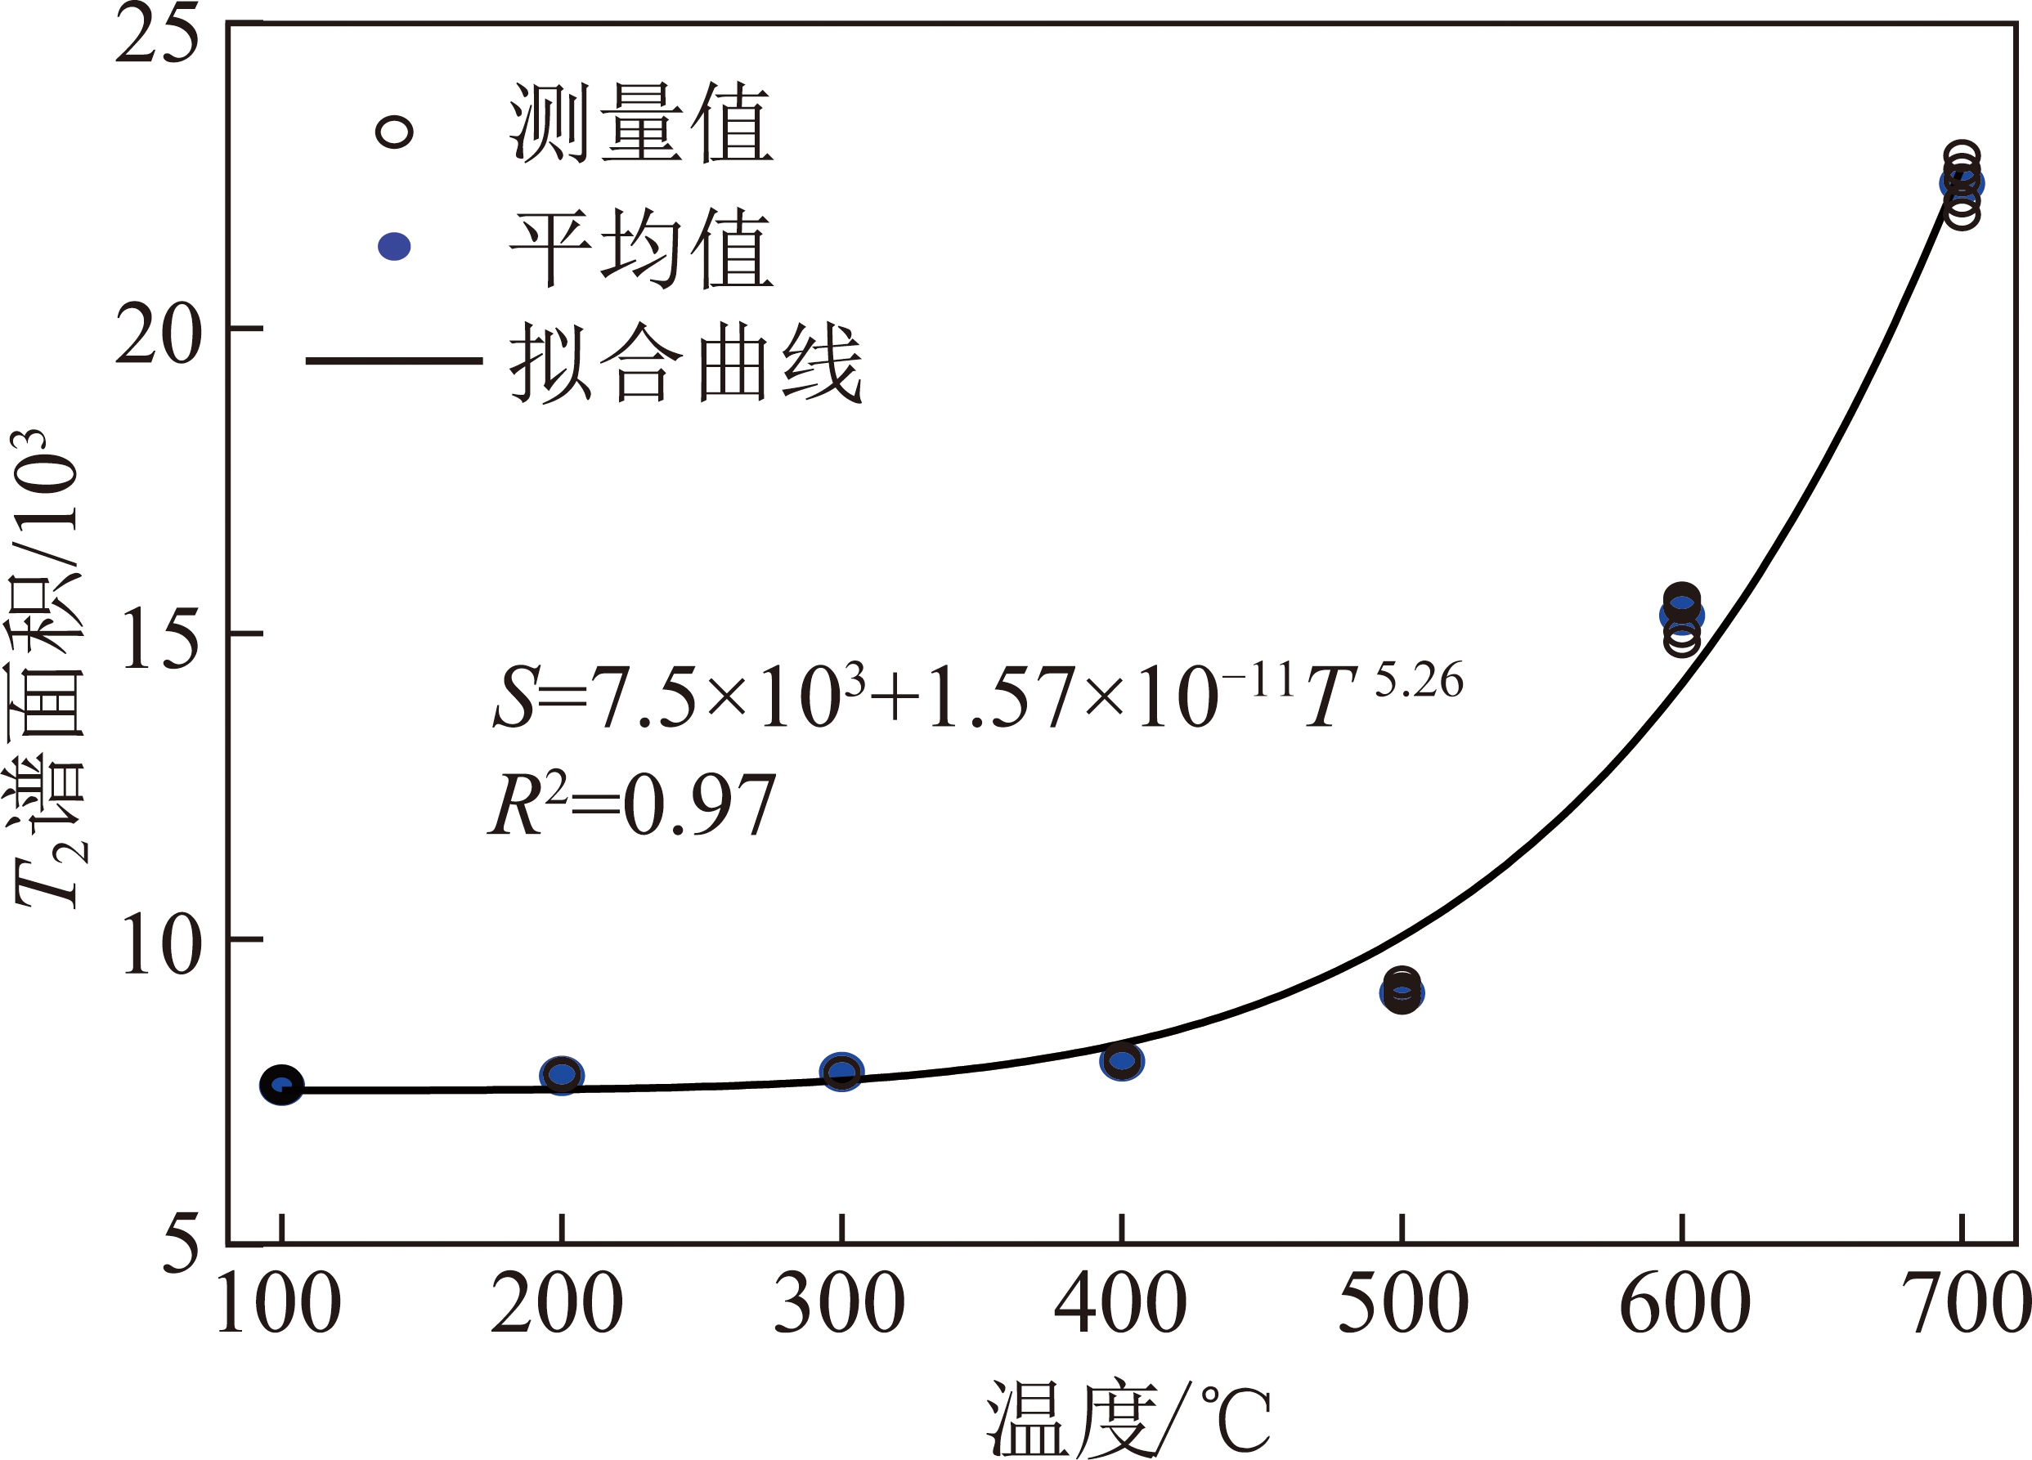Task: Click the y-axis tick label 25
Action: (157, 36)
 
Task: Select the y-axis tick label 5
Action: (180, 1245)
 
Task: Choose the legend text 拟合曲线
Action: (686, 363)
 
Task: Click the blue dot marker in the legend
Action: (394, 246)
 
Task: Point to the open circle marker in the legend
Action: (394, 132)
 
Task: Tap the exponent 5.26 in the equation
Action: (1418, 681)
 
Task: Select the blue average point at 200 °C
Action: (562, 1075)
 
